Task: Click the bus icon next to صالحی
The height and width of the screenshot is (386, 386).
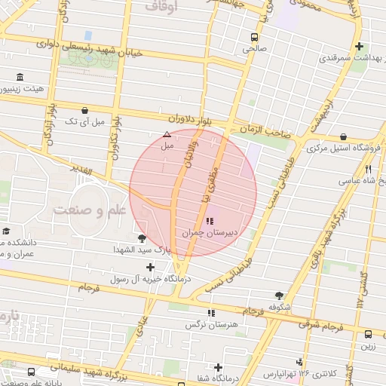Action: click(255, 36)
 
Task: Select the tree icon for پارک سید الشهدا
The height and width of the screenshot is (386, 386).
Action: click(142, 238)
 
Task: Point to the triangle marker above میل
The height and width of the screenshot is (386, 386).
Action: click(167, 134)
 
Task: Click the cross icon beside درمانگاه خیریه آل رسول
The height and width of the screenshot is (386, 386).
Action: click(151, 267)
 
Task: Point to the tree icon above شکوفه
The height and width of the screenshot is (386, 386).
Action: click(280, 296)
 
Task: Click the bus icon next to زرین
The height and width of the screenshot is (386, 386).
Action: click(368, 334)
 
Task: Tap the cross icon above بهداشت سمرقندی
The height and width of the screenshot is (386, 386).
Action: click(359, 46)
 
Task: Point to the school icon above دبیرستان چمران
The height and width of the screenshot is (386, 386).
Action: click(210, 222)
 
